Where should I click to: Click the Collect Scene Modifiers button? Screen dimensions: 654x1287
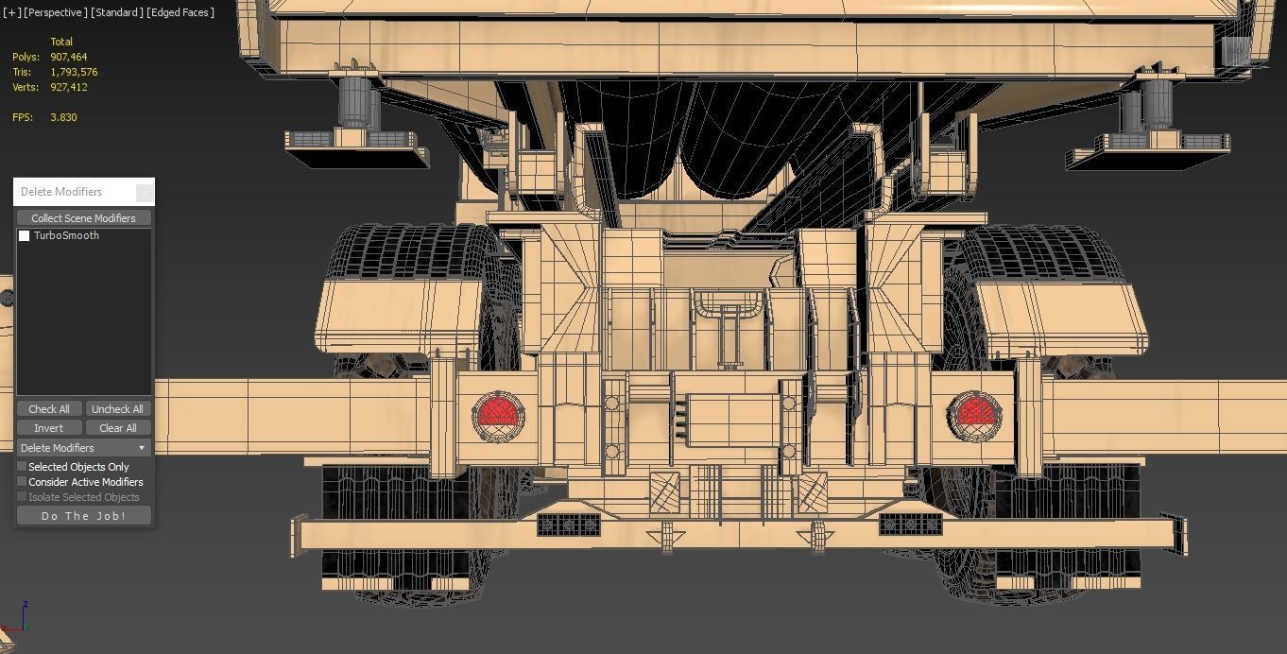pos(83,218)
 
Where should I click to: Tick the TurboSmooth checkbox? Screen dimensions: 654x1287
pos(25,236)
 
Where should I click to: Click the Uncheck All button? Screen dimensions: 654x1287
pos(117,409)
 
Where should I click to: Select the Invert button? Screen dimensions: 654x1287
pos(48,428)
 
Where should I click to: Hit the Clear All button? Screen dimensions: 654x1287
pos(117,428)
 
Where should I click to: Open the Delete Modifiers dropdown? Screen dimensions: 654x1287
pos(83,448)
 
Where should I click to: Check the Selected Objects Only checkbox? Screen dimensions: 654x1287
pos(23,467)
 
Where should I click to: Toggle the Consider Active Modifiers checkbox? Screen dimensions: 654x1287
pos(23,482)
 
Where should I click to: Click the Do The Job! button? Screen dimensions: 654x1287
pos(83,516)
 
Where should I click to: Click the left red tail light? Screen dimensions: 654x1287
pos(498,414)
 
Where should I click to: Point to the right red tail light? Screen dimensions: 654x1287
pos(973,414)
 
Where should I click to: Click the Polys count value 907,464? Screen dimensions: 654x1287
pos(68,57)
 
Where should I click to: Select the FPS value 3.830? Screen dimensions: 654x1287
pos(63,117)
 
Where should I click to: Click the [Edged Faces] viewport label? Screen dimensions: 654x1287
pos(180,12)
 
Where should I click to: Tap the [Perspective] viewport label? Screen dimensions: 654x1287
pos(56,12)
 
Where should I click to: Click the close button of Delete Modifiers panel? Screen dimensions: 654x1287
pos(144,192)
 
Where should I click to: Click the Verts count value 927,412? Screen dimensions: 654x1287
pos(68,87)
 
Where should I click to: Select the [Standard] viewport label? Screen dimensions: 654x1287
pos(117,12)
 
